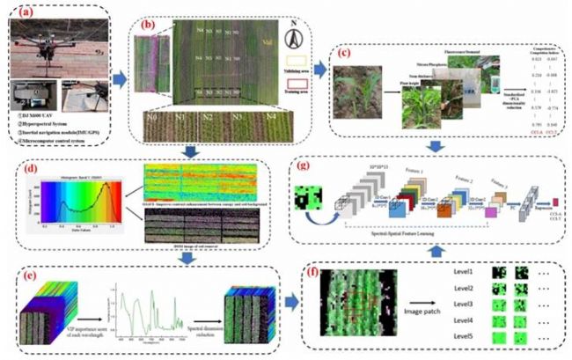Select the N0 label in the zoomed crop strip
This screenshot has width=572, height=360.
click(151, 116)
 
